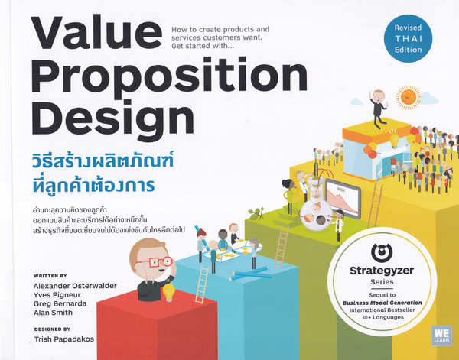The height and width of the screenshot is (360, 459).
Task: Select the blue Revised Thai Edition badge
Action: [408, 38]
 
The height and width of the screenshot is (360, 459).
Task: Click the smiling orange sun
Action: [409, 97]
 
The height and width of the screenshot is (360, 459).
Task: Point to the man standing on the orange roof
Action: [378, 109]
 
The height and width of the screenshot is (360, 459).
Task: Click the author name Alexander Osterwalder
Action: [75, 286]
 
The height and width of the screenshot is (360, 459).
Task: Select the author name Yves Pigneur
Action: [57, 295]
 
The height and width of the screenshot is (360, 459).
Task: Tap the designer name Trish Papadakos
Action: [64, 339]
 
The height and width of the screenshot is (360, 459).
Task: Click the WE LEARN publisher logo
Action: [441, 336]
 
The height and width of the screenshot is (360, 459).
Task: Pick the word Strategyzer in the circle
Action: [382, 271]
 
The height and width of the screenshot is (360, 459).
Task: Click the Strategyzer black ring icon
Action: [382, 253]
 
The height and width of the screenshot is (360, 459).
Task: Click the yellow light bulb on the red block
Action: [169, 293]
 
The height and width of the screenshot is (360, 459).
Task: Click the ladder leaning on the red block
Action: [202, 285]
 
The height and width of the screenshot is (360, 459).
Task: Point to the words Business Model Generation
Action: [382, 303]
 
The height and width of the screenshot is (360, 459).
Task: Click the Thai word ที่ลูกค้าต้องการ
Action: [93, 186]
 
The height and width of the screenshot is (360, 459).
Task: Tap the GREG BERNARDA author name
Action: [60, 303]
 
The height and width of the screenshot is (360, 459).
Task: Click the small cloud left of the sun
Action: [356, 102]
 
